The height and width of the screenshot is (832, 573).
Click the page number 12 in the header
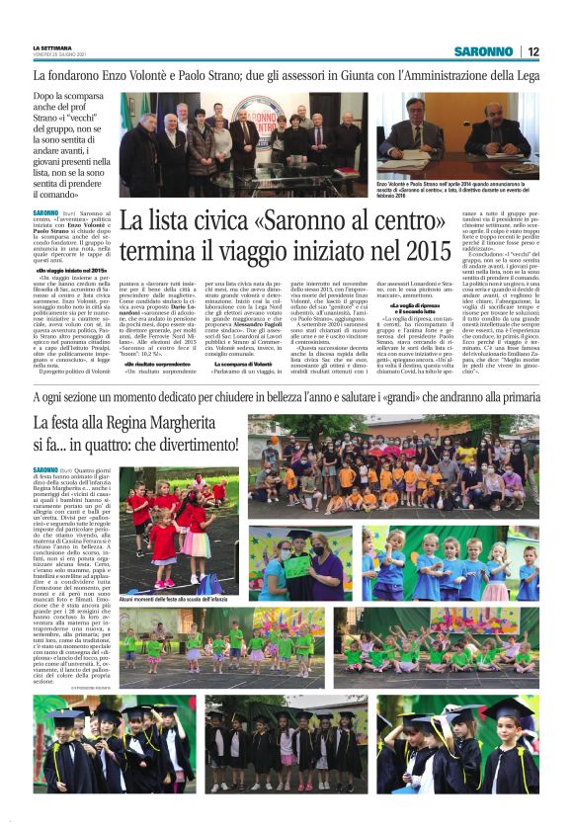tap(532, 51)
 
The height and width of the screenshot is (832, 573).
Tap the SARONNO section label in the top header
tap(484, 51)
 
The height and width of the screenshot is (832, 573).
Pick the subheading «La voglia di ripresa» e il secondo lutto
tap(421, 306)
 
